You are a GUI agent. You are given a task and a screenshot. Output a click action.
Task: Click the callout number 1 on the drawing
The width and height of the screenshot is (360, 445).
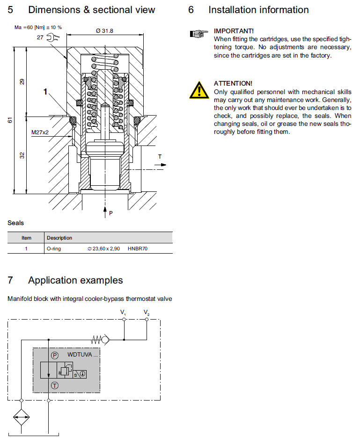coord(45,93)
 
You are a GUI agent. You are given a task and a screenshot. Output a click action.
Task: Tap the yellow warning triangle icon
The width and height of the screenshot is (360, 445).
coord(199,89)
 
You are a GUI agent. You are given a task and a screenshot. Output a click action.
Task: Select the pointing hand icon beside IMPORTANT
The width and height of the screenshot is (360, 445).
coord(198,33)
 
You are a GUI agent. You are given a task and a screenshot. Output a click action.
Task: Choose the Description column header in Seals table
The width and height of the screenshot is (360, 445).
coord(59,238)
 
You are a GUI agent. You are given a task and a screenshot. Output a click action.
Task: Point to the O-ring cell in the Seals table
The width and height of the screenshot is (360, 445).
coord(54,249)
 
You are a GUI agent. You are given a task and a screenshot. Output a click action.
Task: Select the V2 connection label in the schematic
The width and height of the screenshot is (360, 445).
coord(147,312)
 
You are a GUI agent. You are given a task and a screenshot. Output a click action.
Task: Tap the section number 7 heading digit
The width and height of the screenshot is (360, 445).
coord(10,280)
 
